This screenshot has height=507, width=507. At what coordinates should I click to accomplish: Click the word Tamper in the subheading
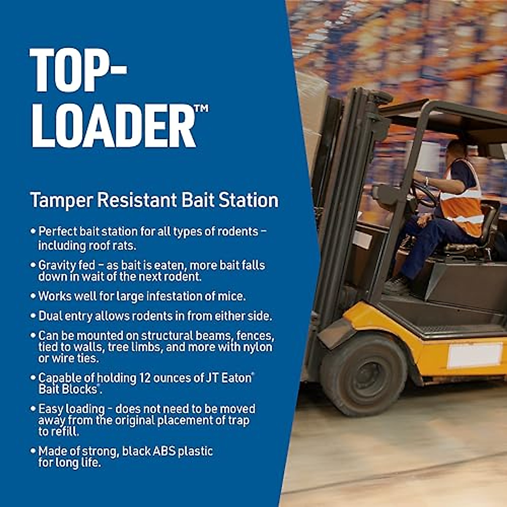(61, 200)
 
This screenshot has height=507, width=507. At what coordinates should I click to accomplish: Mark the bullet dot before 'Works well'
(33, 296)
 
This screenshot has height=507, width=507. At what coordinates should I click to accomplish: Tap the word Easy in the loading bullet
(50, 409)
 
